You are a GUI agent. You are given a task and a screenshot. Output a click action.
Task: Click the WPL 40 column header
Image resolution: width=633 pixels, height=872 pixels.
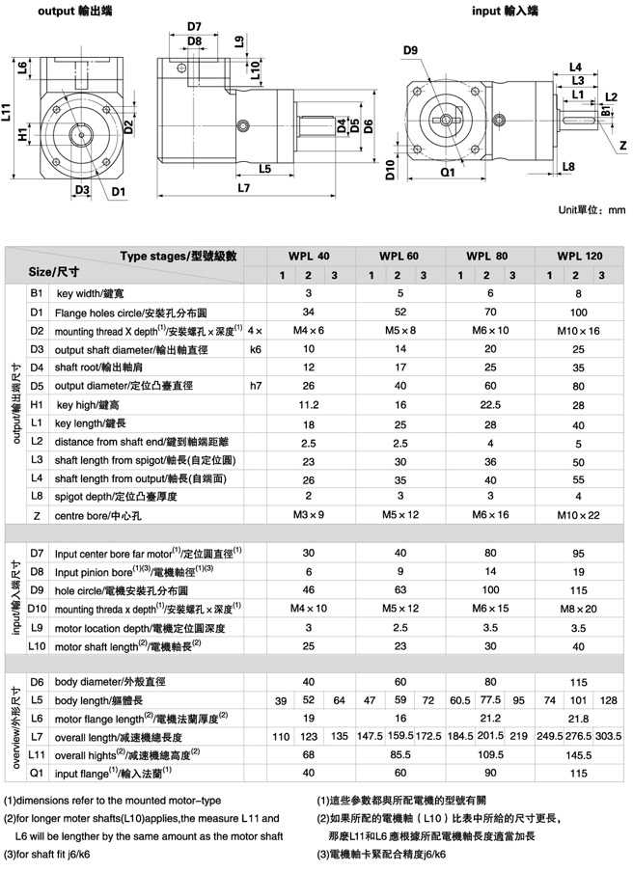point(308,257)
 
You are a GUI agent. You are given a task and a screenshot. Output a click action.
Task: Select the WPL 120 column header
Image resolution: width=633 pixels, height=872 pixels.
point(579,257)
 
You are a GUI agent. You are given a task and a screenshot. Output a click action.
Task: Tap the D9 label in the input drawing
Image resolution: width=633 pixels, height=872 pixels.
point(410,49)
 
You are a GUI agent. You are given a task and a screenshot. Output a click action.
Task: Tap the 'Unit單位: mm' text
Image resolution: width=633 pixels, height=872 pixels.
point(592,209)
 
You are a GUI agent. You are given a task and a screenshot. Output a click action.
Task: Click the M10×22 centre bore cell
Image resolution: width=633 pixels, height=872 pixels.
point(579,516)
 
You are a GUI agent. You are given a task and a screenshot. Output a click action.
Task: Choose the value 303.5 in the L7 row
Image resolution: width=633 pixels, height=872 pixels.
point(608,736)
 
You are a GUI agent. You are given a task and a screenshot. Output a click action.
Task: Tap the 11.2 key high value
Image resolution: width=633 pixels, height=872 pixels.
point(308,404)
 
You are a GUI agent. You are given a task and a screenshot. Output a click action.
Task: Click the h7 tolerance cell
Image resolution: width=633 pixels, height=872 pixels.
point(256,386)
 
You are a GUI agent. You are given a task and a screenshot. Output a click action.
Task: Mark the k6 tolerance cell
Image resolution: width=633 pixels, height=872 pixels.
point(256,349)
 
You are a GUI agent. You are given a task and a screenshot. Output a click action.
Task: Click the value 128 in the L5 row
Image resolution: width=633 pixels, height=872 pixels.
point(608,699)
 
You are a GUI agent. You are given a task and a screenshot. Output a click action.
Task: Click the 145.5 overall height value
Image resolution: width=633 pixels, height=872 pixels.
point(579,754)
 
